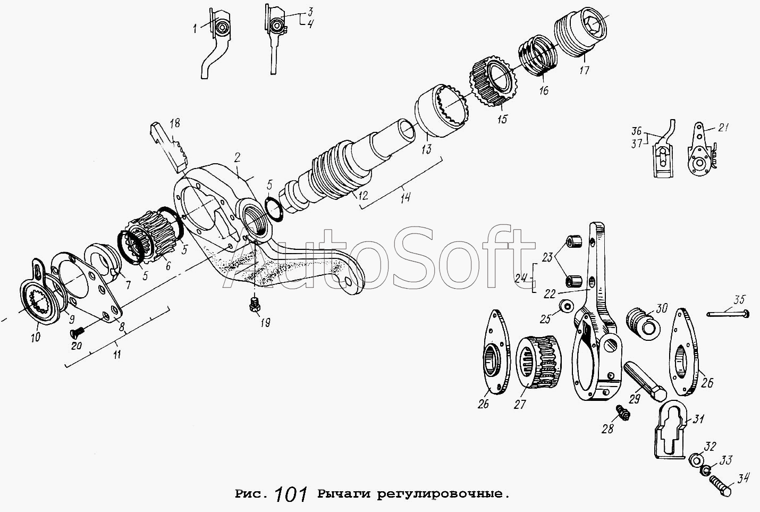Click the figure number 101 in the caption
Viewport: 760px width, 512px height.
(x=291, y=494)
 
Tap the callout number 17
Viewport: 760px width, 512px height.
(x=584, y=70)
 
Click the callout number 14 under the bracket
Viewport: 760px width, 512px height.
(x=405, y=197)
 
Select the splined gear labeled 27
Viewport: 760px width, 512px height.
(x=538, y=360)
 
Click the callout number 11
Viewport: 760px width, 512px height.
(x=117, y=355)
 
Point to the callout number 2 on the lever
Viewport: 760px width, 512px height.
(x=237, y=157)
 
